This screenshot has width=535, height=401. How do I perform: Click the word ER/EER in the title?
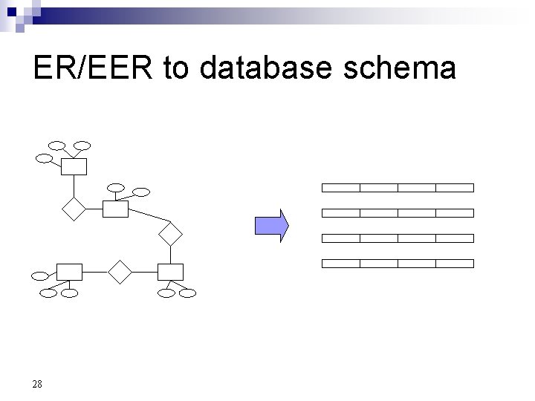tap(94, 68)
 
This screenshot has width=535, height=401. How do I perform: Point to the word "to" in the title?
tap(178, 68)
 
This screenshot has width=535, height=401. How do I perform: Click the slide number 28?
tap(37, 384)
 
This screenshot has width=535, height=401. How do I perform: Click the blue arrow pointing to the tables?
tap(272, 226)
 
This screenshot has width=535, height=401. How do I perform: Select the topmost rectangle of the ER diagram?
tap(74, 166)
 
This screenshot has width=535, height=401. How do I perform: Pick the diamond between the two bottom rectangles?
tap(119, 272)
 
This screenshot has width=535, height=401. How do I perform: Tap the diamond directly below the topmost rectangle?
tap(74, 209)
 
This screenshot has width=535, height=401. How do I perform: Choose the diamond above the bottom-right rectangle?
tap(170, 234)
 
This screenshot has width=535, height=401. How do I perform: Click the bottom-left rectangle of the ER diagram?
tap(69, 272)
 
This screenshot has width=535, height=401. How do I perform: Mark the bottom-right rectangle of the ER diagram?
tap(171, 272)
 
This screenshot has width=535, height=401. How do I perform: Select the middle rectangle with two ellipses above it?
tap(115, 209)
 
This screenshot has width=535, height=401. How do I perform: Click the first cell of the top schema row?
tap(340, 187)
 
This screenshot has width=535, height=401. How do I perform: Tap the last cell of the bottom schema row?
tap(454, 263)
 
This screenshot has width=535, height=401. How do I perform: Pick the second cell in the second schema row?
tap(378, 212)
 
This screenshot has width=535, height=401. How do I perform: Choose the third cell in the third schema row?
tap(416, 238)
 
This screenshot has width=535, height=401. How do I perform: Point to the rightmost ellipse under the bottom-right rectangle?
tap(188, 293)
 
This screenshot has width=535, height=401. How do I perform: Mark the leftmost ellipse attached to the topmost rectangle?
tap(45, 157)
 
